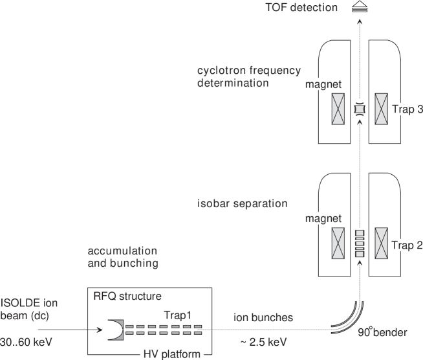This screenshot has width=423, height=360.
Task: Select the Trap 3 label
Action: coord(407,110)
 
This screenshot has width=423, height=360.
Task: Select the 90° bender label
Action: coord(384,333)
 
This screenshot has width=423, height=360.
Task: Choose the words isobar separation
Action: coord(242,204)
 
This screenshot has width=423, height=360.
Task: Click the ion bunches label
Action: coord(263,318)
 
